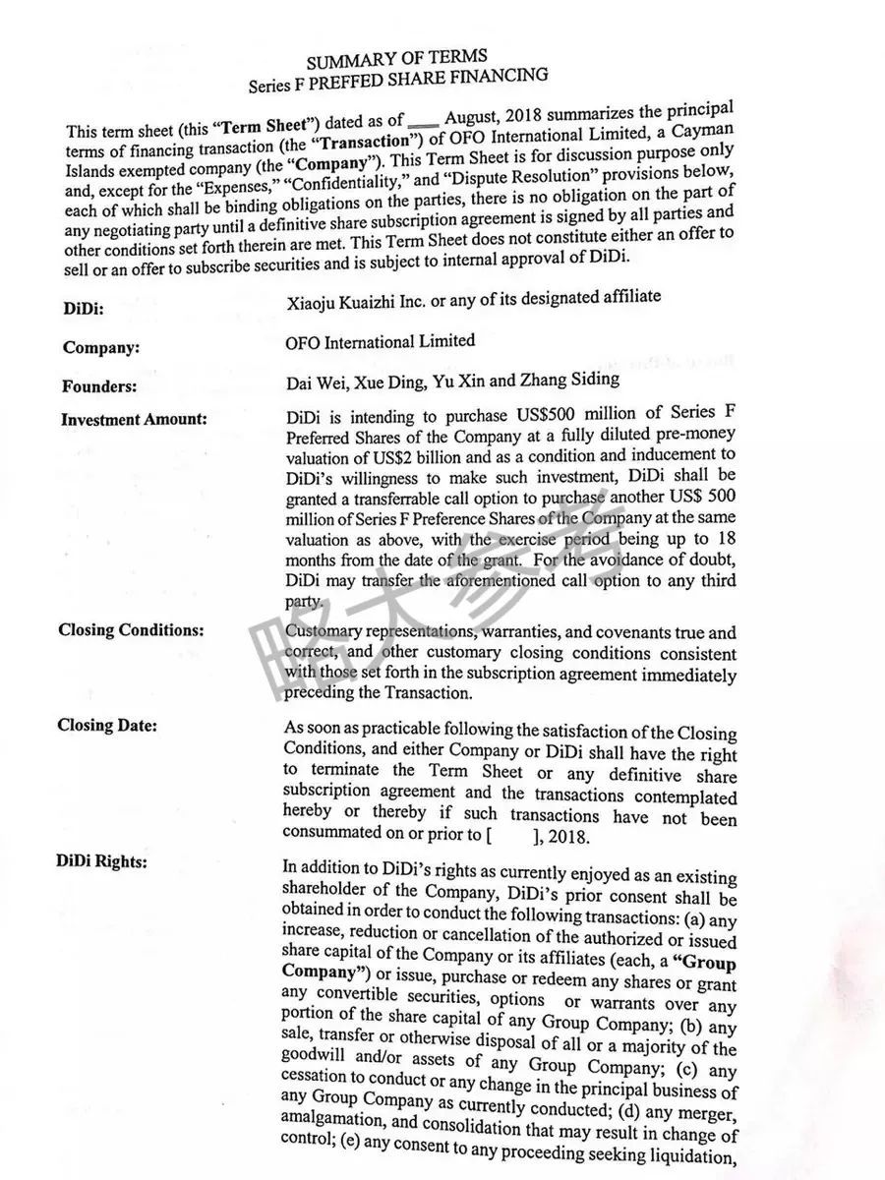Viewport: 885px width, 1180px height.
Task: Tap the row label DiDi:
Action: coord(84,309)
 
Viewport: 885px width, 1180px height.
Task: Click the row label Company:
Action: coord(100,347)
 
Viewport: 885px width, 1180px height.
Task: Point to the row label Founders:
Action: coord(99,386)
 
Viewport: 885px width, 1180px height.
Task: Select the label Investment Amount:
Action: coord(134,419)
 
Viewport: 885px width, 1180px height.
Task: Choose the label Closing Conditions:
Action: coord(131,629)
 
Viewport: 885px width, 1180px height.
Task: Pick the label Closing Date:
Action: coord(107,726)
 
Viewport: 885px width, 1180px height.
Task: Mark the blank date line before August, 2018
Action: coord(422,125)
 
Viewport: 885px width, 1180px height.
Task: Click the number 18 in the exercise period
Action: coord(725,539)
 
